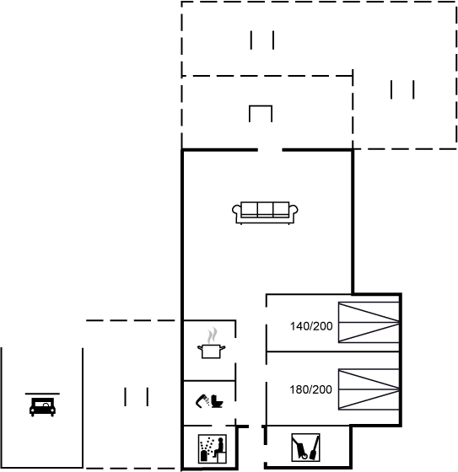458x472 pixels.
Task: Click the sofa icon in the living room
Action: [x=265, y=213]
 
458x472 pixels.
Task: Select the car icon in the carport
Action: [x=42, y=407]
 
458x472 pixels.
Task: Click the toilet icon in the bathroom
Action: [x=217, y=401]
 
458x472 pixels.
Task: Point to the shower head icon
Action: [x=202, y=402]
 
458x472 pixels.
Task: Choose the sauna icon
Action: [x=213, y=448]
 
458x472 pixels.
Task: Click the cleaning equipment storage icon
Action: [x=305, y=448]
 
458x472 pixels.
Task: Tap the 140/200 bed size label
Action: [x=311, y=326]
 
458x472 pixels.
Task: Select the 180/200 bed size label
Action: [x=310, y=389]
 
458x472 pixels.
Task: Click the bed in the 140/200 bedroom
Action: [x=369, y=322]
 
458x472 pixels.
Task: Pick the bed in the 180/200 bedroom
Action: [x=369, y=389]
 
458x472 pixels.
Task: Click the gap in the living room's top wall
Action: [x=270, y=150]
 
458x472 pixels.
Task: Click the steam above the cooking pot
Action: [x=212, y=335]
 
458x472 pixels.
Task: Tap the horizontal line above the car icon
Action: [x=42, y=394]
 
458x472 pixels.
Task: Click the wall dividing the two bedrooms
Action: [x=333, y=351]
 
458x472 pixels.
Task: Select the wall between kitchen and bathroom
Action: [x=209, y=381]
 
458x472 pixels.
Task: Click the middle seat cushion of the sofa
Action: [x=265, y=209]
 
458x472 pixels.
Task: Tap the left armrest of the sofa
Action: [x=237, y=211]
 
